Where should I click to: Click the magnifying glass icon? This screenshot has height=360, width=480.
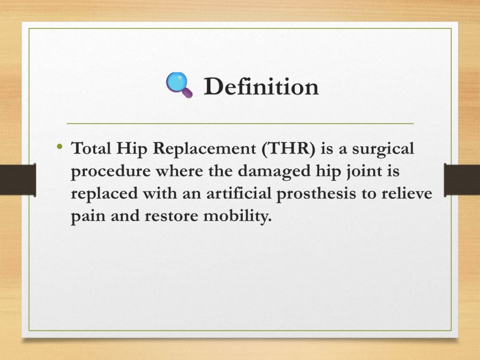[x=180, y=85]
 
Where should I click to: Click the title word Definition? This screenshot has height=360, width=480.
[x=261, y=87]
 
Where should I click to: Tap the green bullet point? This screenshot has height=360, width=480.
[x=60, y=147]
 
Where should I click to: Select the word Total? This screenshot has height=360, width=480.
[x=91, y=148]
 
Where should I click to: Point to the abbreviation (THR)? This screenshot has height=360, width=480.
[x=288, y=149]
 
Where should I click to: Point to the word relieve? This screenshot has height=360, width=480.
[x=407, y=194]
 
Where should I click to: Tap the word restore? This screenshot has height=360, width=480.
[x=172, y=216]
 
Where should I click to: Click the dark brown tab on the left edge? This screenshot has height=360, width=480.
[x=18, y=180]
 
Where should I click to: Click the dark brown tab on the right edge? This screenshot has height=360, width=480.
[x=462, y=180]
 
